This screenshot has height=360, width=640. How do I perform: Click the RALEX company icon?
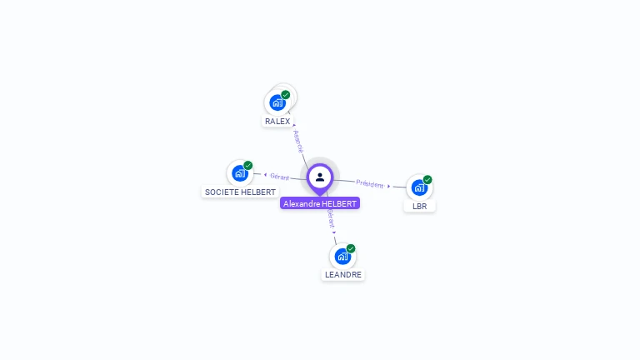(x=277, y=103)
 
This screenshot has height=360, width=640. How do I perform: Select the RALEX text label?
(x=277, y=122)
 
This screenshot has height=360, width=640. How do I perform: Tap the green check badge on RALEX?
(x=286, y=95)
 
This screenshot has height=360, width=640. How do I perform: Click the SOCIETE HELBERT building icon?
(x=240, y=173)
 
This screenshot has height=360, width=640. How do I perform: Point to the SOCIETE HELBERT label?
(x=240, y=192)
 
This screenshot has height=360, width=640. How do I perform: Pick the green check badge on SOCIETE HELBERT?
(x=248, y=165)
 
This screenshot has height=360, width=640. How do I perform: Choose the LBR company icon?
(x=419, y=187)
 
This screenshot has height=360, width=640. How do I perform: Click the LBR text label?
(x=419, y=206)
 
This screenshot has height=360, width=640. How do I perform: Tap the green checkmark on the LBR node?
(x=427, y=179)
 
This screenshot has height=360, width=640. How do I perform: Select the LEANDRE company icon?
(x=342, y=257)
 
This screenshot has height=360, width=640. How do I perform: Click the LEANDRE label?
(x=343, y=274)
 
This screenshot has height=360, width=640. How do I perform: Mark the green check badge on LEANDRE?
(x=351, y=248)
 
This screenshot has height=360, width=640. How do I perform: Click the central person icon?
(x=320, y=177)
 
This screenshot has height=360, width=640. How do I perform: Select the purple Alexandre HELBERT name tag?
(x=320, y=203)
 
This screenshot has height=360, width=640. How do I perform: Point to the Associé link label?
(x=298, y=140)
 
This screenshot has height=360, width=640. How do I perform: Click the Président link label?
(x=370, y=183)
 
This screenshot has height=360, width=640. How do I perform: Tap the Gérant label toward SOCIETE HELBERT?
(x=279, y=177)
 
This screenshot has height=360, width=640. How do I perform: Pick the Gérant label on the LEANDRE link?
(x=331, y=218)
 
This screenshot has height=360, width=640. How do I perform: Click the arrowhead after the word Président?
(x=389, y=186)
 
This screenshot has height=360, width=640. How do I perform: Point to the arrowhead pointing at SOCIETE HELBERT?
(x=265, y=175)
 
